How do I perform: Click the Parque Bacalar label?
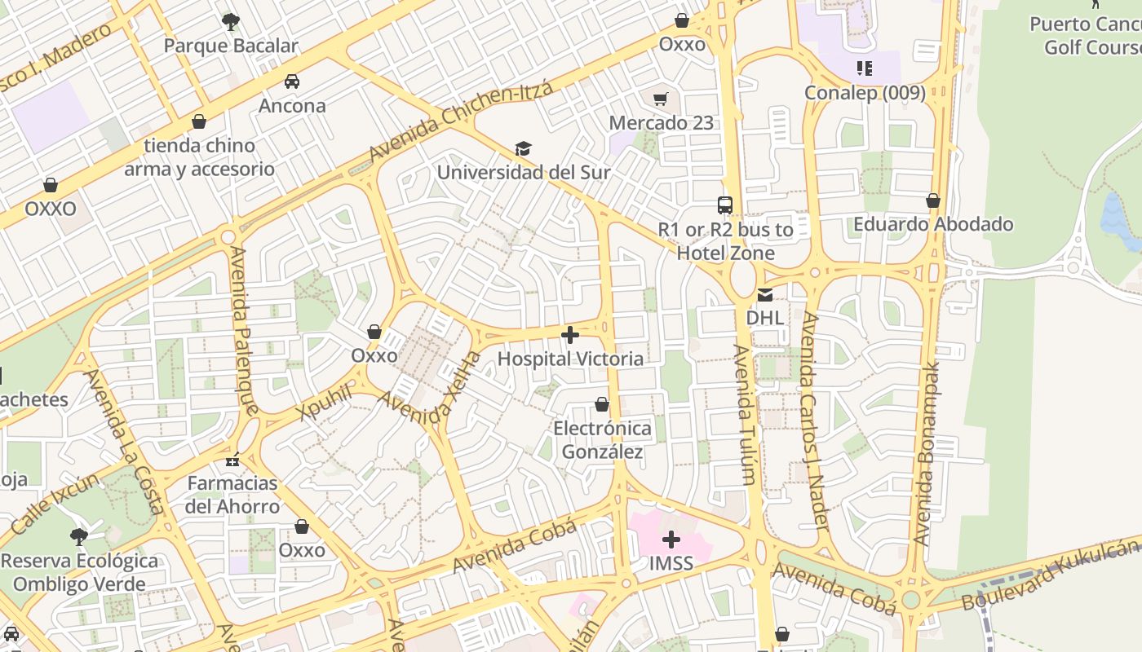pos(231,46)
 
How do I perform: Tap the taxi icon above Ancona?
pos(292,81)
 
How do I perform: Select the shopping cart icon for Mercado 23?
pos(661,99)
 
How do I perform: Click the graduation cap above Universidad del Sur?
pos(523,149)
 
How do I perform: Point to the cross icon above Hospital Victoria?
pos(570,335)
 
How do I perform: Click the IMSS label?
pos(671,563)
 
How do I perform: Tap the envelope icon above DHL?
pos(765,295)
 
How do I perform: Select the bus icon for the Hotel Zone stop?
pos(725,205)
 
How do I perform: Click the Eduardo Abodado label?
pos(933,224)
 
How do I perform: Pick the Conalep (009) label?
pos(865,93)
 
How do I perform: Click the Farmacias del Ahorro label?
pos(232,495)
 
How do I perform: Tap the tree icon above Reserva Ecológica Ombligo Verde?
pos(79,537)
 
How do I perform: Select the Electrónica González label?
pos(602,440)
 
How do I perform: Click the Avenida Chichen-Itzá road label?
pos(461,121)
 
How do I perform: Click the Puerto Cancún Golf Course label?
pos(1085,36)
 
